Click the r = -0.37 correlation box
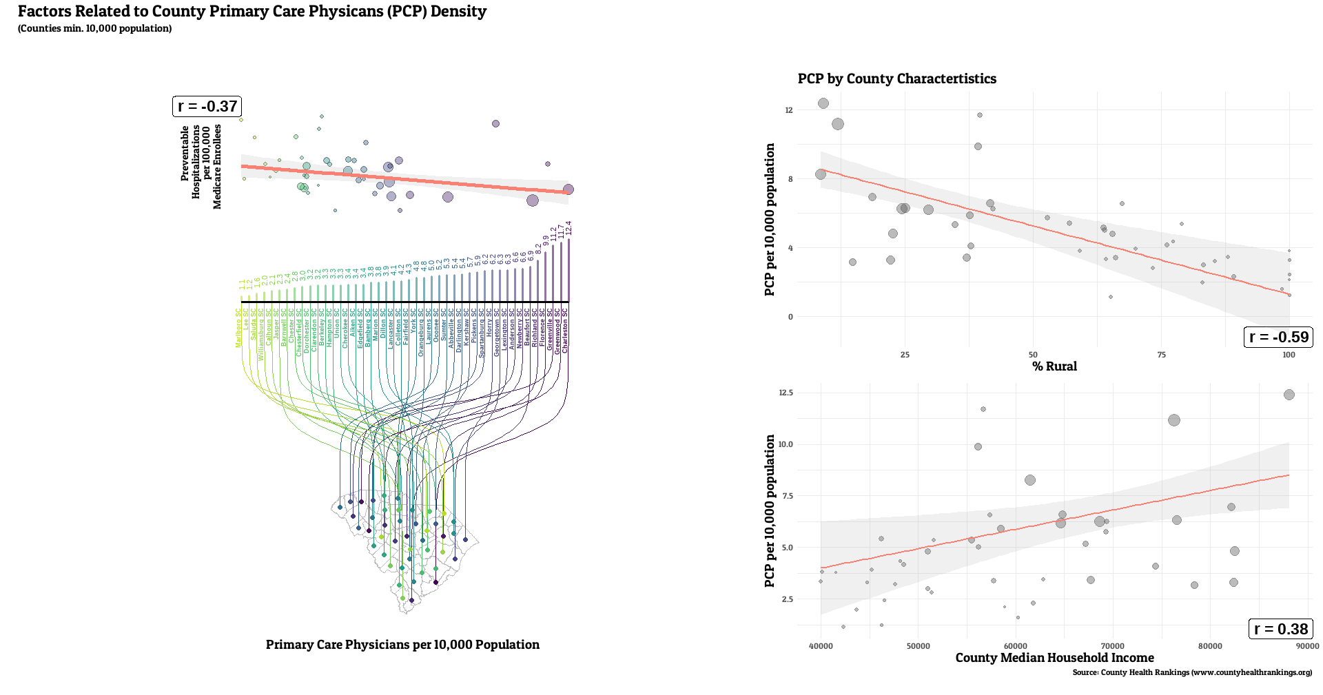tap(207, 106)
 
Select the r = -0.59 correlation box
tap(1278, 337)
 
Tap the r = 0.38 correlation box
tap(1280, 629)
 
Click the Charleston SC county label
tap(565, 331)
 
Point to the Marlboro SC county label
tap(239, 328)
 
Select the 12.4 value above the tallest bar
tap(568, 229)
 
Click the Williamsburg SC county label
tap(261, 334)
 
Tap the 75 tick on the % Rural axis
tap(1161, 355)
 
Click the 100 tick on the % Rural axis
tap(1289, 355)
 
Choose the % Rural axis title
tap(1054, 366)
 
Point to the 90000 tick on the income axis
tap(1307, 646)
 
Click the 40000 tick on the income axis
tap(821, 646)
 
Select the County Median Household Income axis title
tap(1054, 658)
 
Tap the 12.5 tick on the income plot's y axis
tap(786, 393)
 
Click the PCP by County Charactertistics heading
tap(896, 79)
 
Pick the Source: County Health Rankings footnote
tap(1192, 672)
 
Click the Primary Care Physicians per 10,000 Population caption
tap(402, 645)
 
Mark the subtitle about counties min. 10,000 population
tap(94, 28)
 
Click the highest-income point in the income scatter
tap(1289, 395)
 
